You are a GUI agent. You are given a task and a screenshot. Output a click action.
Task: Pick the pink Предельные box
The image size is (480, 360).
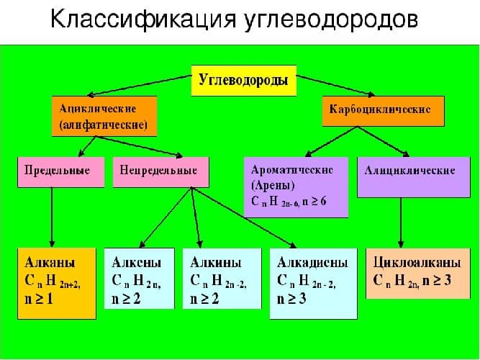pos(57,171)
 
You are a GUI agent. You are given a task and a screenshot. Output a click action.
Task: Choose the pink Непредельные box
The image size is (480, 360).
pos(155,171)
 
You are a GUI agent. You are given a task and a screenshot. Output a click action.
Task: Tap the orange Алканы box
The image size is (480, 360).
pos(56,282)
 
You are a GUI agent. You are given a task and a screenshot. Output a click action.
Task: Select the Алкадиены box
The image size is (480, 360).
pos(313,282)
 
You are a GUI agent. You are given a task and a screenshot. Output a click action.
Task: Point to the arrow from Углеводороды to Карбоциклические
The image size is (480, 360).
pos(338,84)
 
